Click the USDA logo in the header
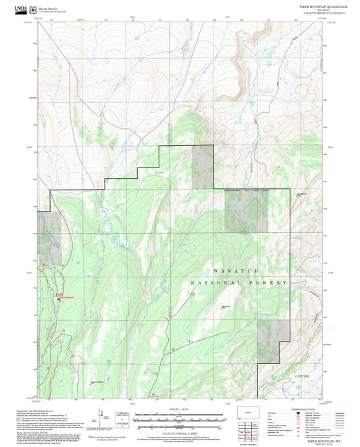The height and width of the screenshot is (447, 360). pyautogui.click(x=13, y=9)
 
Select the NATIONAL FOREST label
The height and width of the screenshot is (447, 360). pyautogui.click(x=239, y=282)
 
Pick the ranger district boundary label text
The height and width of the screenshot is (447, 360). pyautogui.click(x=246, y=191)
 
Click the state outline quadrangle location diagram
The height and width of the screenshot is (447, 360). pyautogui.click(x=249, y=412)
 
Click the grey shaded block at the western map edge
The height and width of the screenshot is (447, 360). pyautogui.click(x=47, y=230)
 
